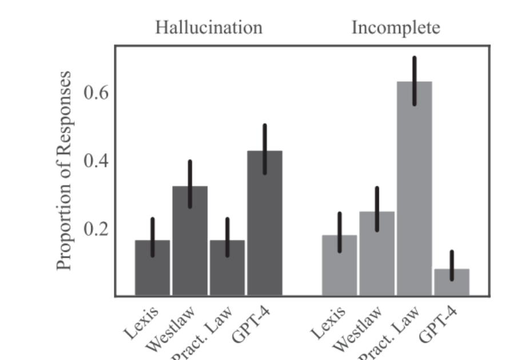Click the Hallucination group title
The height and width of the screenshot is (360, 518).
point(208,28)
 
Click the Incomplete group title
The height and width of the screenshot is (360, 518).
point(396,28)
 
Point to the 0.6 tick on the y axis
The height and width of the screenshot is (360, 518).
point(97,93)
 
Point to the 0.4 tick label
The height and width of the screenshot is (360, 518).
point(97,161)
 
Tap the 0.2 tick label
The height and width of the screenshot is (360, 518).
point(97,229)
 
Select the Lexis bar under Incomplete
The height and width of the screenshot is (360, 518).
point(340,265)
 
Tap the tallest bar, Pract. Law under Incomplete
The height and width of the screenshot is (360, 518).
point(415,189)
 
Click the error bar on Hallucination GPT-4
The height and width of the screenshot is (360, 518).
point(265,149)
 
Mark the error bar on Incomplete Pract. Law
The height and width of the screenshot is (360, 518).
point(415,81)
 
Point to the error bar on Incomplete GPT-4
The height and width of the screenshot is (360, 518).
point(452,266)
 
